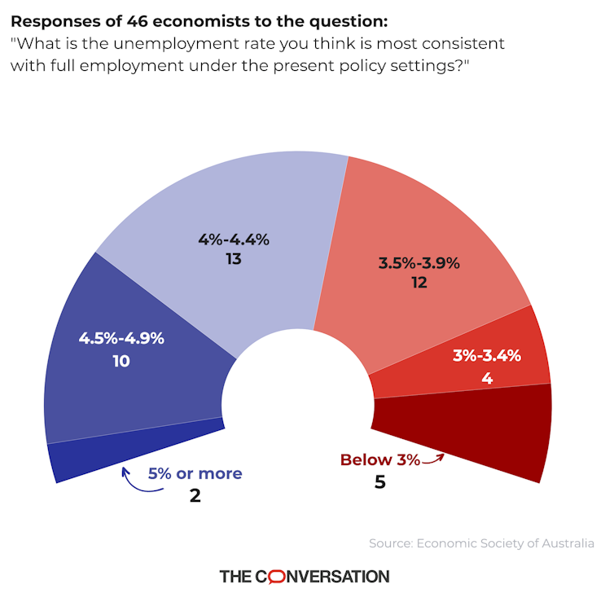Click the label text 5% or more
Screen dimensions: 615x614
click(x=195, y=473)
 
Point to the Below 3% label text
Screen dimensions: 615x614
click(x=379, y=460)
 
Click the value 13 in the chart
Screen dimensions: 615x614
click(x=234, y=260)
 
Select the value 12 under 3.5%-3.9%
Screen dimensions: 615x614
click(x=419, y=283)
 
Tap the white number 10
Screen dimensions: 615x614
click(x=121, y=360)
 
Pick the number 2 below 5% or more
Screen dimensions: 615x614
click(x=195, y=494)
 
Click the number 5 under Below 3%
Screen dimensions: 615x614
click(x=379, y=482)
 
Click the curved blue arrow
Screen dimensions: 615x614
click(x=130, y=481)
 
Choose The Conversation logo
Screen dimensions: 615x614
click(x=305, y=576)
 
